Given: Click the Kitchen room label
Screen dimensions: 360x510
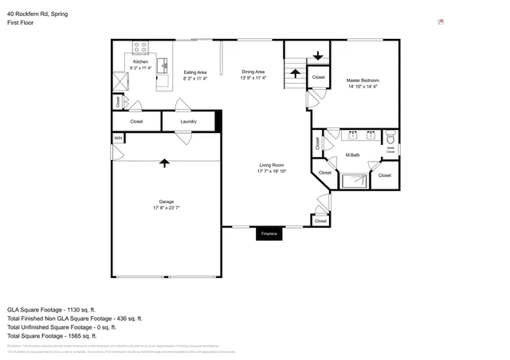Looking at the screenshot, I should pos(140,61).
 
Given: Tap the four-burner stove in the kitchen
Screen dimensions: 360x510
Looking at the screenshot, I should pos(140,47).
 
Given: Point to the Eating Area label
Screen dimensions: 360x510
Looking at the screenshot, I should pos(195,72).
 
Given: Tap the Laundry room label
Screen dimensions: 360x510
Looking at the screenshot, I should pos(188,121).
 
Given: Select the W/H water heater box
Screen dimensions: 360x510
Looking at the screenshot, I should pos(118,138).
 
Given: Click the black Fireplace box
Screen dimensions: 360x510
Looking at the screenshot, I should pos(269,234).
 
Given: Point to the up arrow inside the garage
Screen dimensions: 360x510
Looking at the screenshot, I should pos(165,163).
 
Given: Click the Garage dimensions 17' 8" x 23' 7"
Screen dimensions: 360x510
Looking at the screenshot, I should pos(166,208).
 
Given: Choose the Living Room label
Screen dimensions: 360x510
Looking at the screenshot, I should pos(272,165).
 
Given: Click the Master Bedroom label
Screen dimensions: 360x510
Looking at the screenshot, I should pos(363,80).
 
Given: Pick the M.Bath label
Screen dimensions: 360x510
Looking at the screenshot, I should pos(354,155).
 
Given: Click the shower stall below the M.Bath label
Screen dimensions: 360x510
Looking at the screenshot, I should pos(353,179).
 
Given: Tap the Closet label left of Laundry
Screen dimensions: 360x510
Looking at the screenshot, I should pos(136,121).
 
